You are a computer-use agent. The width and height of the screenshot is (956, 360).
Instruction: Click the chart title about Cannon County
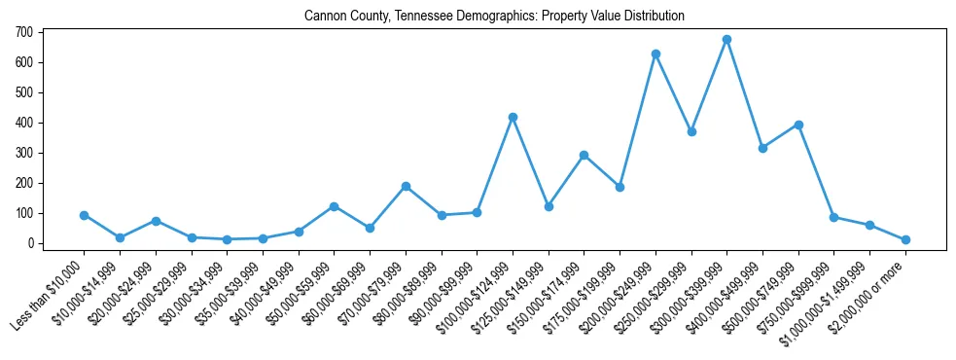click(494, 16)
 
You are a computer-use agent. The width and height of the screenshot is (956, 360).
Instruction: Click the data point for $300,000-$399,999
click(726, 40)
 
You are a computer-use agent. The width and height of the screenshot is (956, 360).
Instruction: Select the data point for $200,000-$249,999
click(655, 54)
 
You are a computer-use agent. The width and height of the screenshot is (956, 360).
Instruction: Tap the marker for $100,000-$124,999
click(513, 117)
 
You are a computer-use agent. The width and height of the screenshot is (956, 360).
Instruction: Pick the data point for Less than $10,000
click(84, 215)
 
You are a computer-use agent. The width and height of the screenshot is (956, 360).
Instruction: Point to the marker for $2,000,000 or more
click(905, 239)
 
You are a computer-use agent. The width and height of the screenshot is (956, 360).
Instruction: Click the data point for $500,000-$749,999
click(798, 125)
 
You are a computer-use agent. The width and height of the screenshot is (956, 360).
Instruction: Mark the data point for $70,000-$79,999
click(406, 186)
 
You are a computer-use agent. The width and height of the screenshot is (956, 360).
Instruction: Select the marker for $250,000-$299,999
click(691, 131)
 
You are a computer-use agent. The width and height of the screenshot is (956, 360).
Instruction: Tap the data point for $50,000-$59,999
click(334, 206)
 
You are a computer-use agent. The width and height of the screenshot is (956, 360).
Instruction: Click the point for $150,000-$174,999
click(584, 155)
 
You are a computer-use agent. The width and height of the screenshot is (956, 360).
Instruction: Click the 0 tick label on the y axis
click(30, 243)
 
